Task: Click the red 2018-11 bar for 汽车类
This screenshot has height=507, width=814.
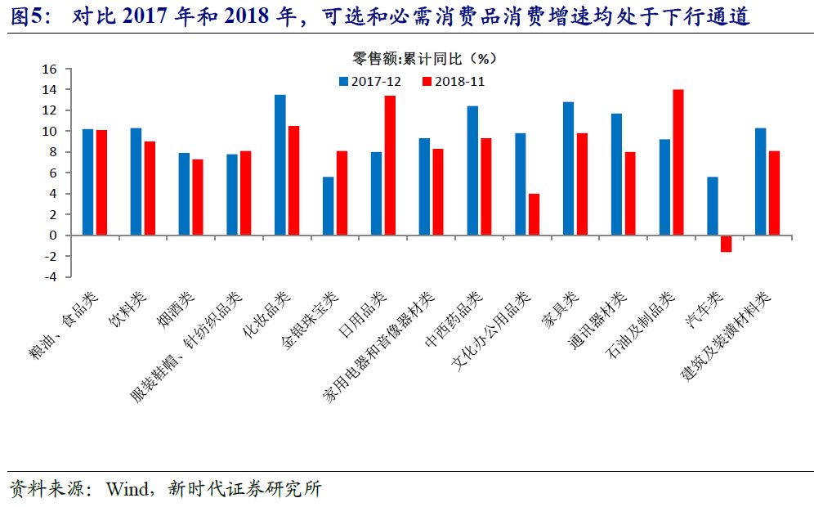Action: pos(726,243)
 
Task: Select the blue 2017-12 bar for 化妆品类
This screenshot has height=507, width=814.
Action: pos(280,165)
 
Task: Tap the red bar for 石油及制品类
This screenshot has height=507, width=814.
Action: pos(678,162)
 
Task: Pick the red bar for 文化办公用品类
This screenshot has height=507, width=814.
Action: pos(534,214)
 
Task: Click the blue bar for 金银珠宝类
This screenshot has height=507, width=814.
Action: pos(328,206)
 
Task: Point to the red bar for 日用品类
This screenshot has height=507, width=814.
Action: pos(390,165)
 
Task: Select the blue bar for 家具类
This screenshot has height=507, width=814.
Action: pos(568,168)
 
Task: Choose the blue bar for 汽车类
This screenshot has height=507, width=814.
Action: pos(713,206)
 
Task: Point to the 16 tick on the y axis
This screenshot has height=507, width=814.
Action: pos(48,69)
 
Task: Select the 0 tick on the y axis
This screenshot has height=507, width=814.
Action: pos(52,236)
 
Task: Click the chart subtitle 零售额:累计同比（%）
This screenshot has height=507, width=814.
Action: pos(424,58)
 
